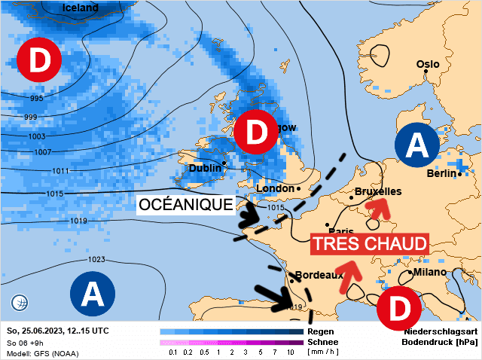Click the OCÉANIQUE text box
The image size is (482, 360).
pos(185,204)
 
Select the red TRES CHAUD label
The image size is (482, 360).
pos(370,244)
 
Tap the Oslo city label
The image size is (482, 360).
pos(427,64)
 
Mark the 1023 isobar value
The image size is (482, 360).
pos(96,259)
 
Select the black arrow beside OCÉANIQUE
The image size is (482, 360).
pos(249,216)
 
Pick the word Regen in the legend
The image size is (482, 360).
pos(321,331)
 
